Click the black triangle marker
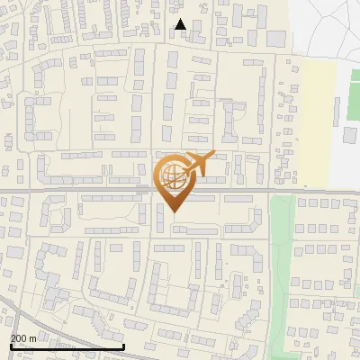pyautogui.click(x=180, y=24)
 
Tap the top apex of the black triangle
pyautogui.click(x=180, y=19)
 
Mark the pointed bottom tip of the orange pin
pyautogui.click(x=173, y=212)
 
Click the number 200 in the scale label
pyautogui.click(x=18, y=338)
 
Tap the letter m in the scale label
pyautogui.click(x=32, y=338)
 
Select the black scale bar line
pyautogui.click(x=67, y=346)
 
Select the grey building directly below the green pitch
pyautogui.click(x=351, y=135)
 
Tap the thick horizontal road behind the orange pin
pyautogui.click(x=90, y=191)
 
